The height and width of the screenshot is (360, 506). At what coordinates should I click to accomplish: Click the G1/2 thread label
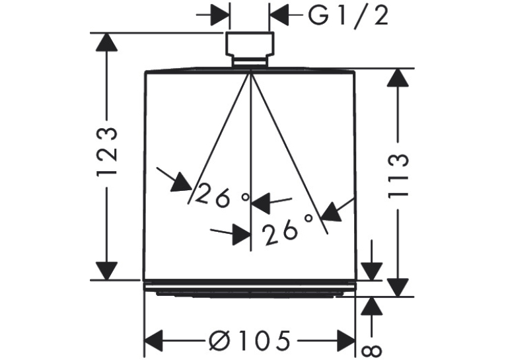(348, 16)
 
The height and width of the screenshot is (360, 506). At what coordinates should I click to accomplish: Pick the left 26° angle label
(223, 196)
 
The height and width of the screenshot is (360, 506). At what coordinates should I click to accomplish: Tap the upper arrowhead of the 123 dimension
(106, 42)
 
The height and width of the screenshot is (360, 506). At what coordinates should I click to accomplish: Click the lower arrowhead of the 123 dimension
(106, 271)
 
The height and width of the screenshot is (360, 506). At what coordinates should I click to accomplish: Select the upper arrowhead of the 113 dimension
(398, 77)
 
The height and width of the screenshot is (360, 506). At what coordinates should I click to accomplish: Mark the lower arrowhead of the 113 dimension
(398, 288)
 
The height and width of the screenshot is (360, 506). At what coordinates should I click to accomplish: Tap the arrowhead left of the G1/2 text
(279, 15)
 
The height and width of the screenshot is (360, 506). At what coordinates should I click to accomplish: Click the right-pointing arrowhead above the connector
(220, 15)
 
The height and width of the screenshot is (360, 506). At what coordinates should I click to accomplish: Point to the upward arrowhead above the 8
(372, 306)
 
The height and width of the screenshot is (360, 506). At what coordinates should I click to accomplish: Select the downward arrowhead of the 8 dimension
(372, 271)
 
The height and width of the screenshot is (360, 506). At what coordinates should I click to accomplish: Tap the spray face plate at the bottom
(249, 294)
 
